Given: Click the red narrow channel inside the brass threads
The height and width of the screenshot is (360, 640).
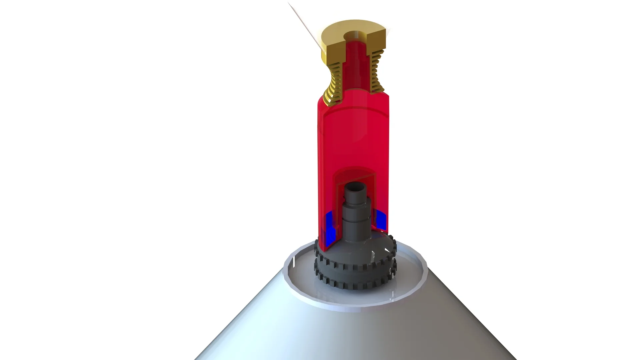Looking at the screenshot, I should [x=356, y=67].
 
